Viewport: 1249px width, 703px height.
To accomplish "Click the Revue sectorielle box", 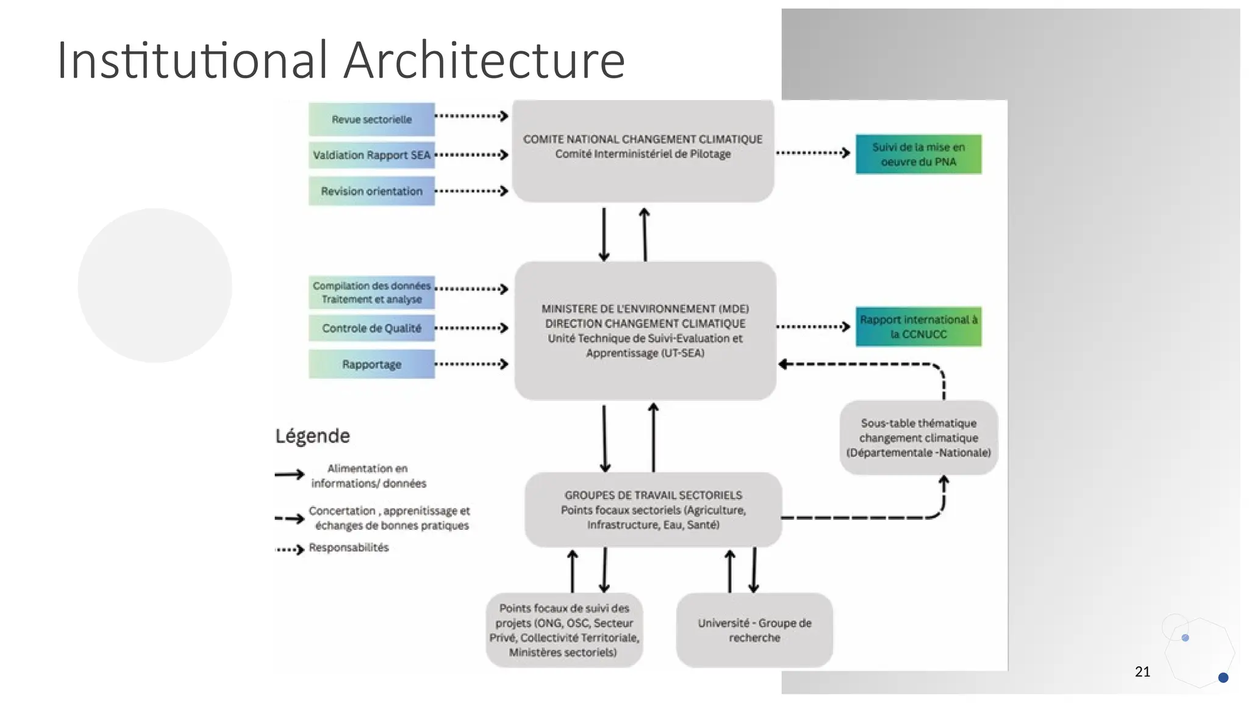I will pyautogui.click(x=371, y=120).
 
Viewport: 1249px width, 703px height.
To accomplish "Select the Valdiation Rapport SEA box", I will pyautogui.click(x=371, y=155).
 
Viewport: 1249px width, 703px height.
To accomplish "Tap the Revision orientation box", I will pyautogui.click(x=371, y=191).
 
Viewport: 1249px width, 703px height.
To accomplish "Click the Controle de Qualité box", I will pyautogui.click(x=371, y=328).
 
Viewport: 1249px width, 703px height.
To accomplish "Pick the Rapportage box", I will pyautogui.click(x=371, y=364).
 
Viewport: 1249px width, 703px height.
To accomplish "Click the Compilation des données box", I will pyautogui.click(x=371, y=292).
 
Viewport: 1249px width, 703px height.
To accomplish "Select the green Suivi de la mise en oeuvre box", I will pyautogui.click(x=918, y=154).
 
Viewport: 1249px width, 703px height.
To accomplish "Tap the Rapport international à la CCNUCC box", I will pyautogui.click(x=918, y=327).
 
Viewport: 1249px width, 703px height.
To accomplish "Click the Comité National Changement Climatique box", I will pyautogui.click(x=643, y=151).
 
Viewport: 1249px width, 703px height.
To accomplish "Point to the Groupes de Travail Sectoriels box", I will pyautogui.click(x=653, y=510).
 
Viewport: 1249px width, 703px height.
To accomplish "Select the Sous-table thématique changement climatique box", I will pyautogui.click(x=918, y=438).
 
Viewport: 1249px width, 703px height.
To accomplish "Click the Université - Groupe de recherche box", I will pyautogui.click(x=754, y=630).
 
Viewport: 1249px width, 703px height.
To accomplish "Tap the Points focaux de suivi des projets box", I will pyautogui.click(x=564, y=630).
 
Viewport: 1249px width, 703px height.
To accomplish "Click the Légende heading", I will pyautogui.click(x=312, y=436).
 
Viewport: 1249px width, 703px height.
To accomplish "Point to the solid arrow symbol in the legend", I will pyautogui.click(x=289, y=475).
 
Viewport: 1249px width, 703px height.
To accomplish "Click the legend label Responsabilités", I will pyautogui.click(x=348, y=547).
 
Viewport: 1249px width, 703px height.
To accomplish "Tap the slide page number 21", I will pyautogui.click(x=1142, y=672).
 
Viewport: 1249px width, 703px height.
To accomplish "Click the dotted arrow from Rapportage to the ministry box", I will pyautogui.click(x=471, y=364).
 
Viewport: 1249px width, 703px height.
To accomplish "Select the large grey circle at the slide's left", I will pyautogui.click(x=155, y=285).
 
